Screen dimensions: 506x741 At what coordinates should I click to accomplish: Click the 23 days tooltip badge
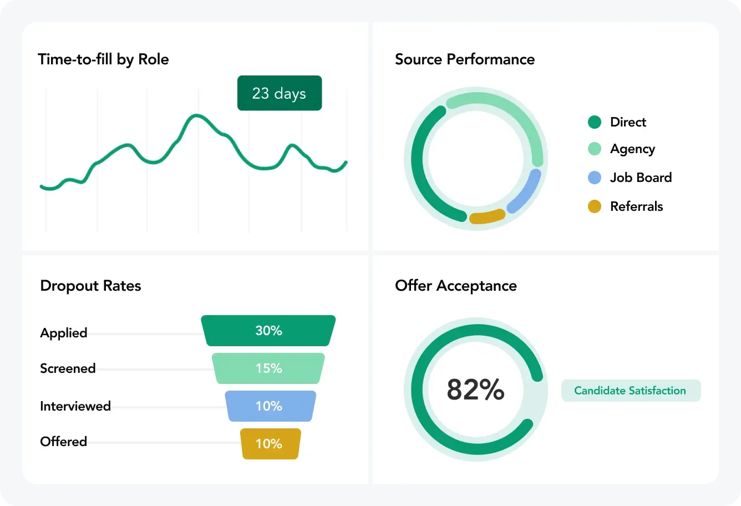279,93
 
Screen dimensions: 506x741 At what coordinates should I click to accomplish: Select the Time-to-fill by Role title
103,59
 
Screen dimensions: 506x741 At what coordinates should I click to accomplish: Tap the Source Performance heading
465,59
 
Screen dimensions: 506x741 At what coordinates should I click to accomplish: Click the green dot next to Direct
595,122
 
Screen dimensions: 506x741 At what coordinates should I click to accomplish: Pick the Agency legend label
632,149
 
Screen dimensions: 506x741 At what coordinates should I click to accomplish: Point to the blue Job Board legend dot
595,178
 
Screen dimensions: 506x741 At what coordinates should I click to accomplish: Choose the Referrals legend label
636,206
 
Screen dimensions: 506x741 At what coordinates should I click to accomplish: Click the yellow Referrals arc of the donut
487,217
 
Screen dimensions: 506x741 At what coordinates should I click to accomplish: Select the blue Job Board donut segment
525,191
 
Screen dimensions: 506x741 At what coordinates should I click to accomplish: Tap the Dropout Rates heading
90,286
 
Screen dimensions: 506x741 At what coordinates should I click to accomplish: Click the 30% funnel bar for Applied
268,331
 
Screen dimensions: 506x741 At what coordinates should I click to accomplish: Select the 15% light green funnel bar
268,368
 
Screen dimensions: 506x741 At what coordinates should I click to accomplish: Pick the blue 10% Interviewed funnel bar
270,406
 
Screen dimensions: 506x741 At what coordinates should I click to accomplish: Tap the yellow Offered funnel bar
270,444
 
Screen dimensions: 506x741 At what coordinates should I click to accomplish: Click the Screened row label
68,368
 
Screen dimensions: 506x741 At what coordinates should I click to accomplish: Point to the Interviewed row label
75,406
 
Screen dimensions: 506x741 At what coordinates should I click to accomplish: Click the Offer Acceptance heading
456,286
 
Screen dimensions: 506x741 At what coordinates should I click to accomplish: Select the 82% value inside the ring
475,389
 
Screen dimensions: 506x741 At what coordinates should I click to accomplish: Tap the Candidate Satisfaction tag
631,391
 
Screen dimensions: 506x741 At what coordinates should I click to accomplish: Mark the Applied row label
64,333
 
